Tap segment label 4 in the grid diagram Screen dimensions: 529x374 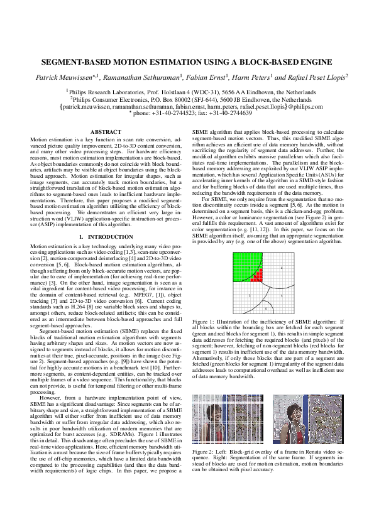click(281, 294)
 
